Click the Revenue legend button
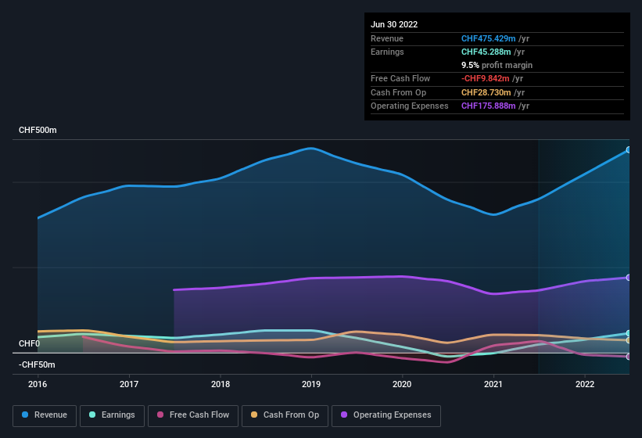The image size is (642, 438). tap(45, 415)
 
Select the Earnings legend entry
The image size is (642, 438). tap(111, 415)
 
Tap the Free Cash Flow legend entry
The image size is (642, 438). tap(193, 415)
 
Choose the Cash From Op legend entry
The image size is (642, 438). tap(284, 415)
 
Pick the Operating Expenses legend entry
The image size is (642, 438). tap(386, 415)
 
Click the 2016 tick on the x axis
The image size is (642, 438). tap(38, 384)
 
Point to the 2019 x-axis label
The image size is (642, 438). tap(311, 384)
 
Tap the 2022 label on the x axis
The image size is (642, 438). tap(585, 384)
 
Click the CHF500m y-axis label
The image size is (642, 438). tap(38, 130)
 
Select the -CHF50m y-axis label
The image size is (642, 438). tap(37, 364)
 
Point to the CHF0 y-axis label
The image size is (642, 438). tap(29, 343)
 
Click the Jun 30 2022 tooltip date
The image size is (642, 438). tap(394, 24)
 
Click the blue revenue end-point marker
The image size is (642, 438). tap(628, 149)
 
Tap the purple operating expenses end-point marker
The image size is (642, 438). tap(628, 278)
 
